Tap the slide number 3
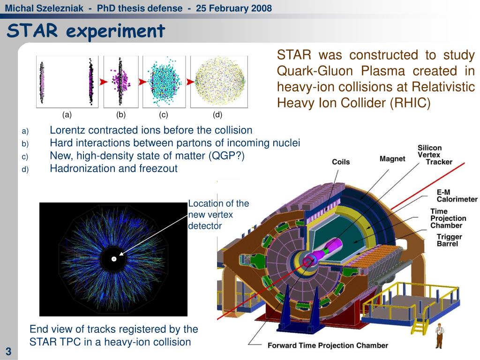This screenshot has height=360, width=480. pos(8,352)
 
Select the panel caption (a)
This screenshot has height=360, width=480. pos(67,114)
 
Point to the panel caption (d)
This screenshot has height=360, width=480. pos(217,114)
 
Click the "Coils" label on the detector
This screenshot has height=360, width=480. pos(341,162)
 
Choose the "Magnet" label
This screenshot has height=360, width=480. pos(392,159)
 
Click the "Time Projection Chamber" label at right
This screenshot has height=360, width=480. pos(448,218)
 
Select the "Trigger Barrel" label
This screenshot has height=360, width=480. pos(449,240)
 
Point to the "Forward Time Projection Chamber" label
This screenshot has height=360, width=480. pos(328,345)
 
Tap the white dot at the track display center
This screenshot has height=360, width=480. pos(113,259)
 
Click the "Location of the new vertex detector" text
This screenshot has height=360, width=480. pos(218,214)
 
